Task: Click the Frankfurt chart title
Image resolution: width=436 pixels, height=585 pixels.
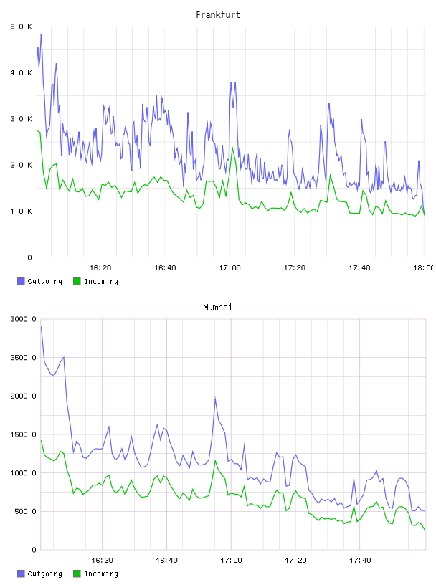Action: (218, 14)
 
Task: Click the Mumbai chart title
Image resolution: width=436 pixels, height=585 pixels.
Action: (217, 307)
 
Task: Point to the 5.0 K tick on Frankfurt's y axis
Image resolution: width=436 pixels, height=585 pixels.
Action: (21, 27)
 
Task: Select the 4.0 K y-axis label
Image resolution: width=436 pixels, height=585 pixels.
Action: (21, 72)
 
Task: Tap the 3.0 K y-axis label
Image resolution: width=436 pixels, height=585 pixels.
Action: (21, 119)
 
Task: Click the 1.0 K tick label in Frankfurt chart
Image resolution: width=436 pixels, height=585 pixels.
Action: (21, 211)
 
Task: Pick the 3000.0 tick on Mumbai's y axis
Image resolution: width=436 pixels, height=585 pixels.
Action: (23, 319)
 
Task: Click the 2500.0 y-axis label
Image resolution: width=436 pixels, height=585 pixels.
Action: (23, 358)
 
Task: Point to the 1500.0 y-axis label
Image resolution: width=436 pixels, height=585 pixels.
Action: (23, 434)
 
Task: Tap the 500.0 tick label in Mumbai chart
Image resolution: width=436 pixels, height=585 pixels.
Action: (25, 511)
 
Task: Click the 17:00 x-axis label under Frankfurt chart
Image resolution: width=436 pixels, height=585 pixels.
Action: (229, 268)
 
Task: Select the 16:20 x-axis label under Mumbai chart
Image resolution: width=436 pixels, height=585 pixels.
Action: (102, 561)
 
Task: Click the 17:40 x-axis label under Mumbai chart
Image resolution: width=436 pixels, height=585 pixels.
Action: (360, 561)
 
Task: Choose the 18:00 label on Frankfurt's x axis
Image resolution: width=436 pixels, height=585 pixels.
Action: (423, 268)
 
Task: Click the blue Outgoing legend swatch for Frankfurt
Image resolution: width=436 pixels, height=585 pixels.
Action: (21, 281)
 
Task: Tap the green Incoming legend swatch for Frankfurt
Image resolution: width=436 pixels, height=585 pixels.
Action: (77, 281)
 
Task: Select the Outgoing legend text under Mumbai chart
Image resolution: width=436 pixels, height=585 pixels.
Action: (44, 574)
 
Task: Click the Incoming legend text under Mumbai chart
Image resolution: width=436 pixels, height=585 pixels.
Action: (101, 574)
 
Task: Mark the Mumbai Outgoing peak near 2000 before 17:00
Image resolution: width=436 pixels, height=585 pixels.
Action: (215, 398)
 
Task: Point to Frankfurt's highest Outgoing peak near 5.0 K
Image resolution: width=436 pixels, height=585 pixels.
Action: (41, 34)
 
